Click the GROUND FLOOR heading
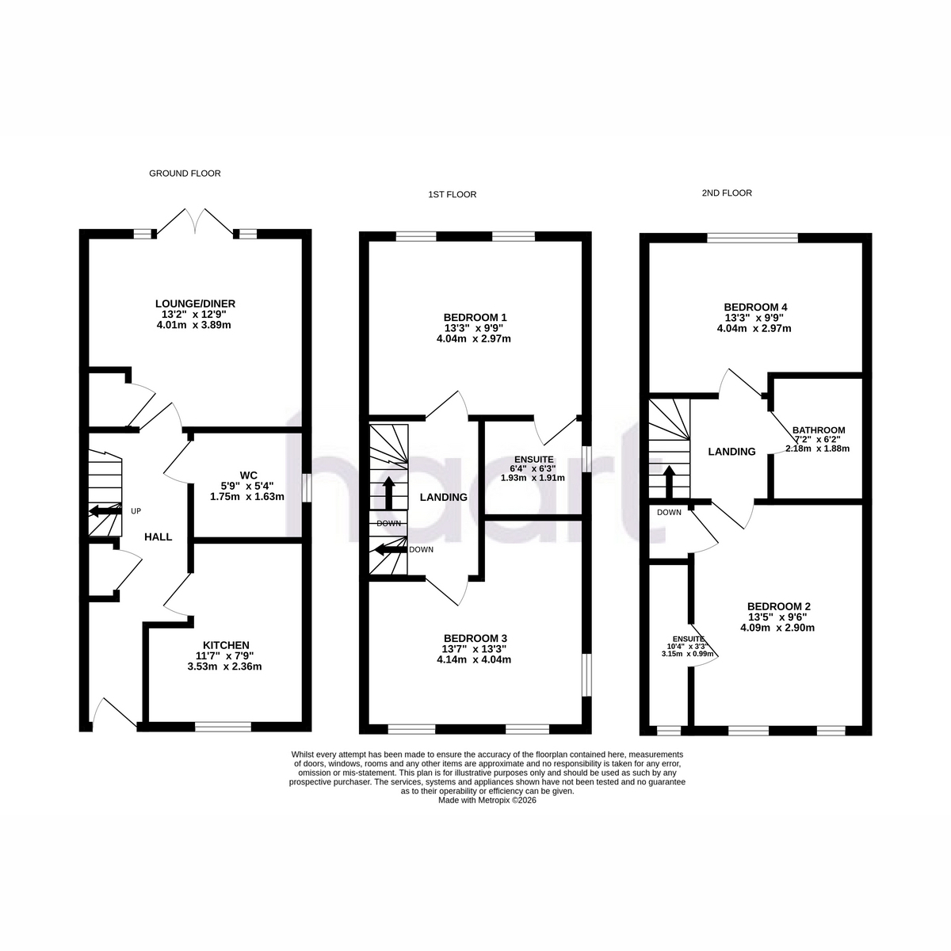[x=185, y=174]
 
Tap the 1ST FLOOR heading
[x=452, y=194]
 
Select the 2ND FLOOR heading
[x=727, y=193]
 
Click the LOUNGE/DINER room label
[x=196, y=304]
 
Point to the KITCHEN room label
[x=226, y=645]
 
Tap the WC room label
[x=248, y=475]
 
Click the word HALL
[x=158, y=537]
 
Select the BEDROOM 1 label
[x=475, y=317]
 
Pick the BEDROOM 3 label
[x=475, y=638]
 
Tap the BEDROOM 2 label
[x=779, y=606]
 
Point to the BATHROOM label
[x=819, y=430]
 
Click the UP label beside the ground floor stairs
[x=136, y=511]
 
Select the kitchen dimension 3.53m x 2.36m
[x=224, y=666]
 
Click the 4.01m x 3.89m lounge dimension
[x=194, y=325]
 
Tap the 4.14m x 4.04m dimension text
[x=474, y=660]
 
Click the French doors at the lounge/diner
[x=195, y=221]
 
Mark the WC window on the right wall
[x=307, y=488]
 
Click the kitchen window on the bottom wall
[x=223, y=727]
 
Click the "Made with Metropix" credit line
[x=487, y=800]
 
